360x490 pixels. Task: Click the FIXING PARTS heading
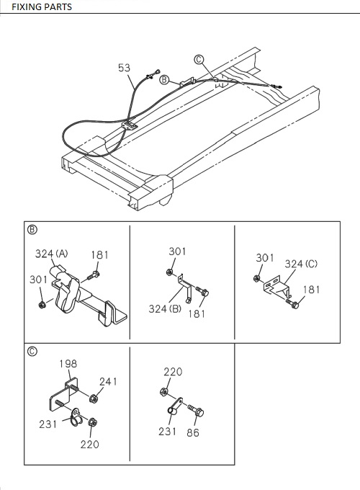42,6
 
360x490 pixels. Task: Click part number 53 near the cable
124,68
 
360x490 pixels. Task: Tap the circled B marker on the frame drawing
164,80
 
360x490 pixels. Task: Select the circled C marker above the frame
199,59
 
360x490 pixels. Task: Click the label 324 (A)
52,254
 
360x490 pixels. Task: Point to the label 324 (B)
165,308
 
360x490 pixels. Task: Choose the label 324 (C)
301,264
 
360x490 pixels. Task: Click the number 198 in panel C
68,364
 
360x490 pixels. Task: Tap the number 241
108,382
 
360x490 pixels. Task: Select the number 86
193,433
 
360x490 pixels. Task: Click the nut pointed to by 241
94,398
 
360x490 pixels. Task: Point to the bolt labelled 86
196,410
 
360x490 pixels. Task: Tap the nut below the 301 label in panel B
42,304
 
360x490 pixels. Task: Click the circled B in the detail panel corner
32,230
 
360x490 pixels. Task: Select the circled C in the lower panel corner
32,352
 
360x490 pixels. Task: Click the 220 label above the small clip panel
173,372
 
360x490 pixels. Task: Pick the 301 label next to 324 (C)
265,258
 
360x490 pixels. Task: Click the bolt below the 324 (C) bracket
292,303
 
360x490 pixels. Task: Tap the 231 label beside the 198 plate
48,424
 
